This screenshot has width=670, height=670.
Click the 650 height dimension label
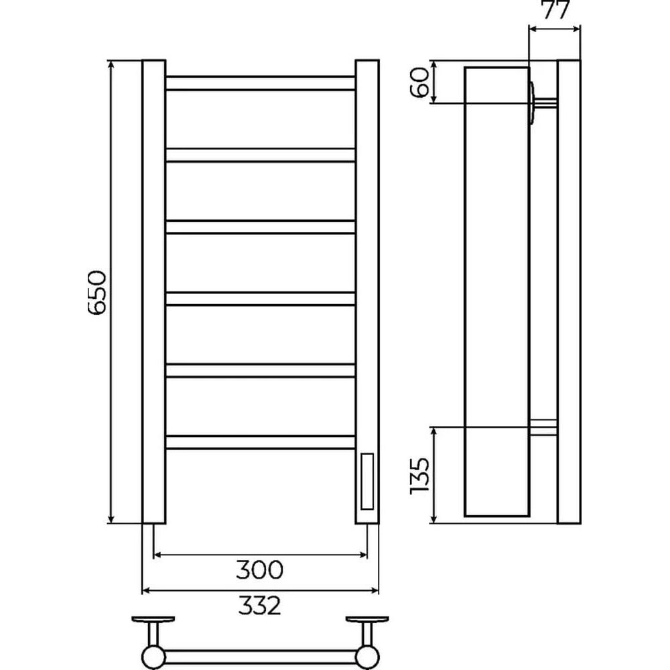coord(96,293)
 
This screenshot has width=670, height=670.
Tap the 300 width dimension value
coord(260,569)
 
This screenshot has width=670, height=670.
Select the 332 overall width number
coord(260,605)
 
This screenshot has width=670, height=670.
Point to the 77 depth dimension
coord(556,10)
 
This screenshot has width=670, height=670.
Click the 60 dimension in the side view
coord(419,82)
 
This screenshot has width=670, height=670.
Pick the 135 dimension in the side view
coord(419,476)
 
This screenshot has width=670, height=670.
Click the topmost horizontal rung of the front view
coord(260,83)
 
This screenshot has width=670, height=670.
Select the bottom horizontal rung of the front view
coord(260,442)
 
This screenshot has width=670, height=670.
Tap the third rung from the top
coord(260,227)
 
